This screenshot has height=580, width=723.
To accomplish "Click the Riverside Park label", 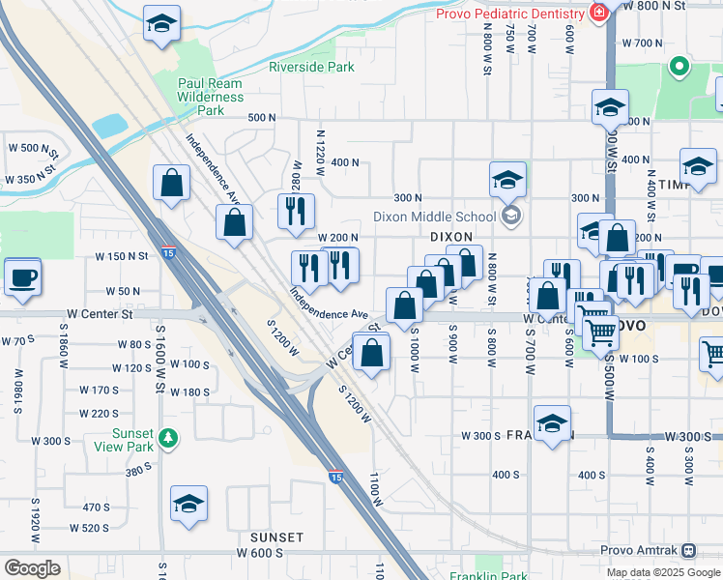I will click(x=311, y=67).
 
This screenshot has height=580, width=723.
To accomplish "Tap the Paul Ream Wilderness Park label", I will click(x=211, y=97).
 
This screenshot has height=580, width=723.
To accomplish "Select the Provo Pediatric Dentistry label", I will click(x=509, y=14).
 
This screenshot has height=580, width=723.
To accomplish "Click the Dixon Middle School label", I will click(x=435, y=217).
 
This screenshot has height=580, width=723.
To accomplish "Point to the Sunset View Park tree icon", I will click(x=170, y=439).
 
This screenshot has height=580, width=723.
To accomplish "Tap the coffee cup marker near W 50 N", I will click(x=23, y=277).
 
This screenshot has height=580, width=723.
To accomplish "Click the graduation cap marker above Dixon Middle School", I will click(x=507, y=180).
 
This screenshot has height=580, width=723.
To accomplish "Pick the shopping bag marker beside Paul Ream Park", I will click(x=171, y=184).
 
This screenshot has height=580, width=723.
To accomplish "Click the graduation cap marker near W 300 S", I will click(x=552, y=424).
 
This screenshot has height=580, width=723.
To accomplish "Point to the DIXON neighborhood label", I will click(x=450, y=236).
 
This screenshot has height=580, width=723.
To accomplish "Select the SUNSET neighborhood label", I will click(x=277, y=536).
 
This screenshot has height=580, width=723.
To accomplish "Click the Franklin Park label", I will click(x=488, y=576).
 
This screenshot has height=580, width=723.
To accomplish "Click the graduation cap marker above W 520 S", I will click(x=188, y=504).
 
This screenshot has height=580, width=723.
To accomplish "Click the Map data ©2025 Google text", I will click(x=662, y=572).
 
